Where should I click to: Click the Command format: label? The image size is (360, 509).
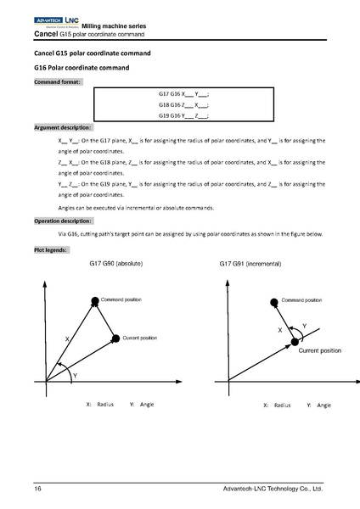click(58, 82)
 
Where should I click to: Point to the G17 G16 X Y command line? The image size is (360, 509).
click(183, 94)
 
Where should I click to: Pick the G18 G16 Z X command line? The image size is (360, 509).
click(183, 105)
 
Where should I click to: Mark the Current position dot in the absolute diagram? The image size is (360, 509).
click(116, 338)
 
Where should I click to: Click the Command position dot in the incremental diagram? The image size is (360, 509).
click(273, 301)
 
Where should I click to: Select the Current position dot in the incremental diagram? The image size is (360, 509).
click(295, 341)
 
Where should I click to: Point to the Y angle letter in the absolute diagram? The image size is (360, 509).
click(75, 375)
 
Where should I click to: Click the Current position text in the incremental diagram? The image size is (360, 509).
click(318, 350)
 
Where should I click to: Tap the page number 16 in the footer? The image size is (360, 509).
click(38, 489)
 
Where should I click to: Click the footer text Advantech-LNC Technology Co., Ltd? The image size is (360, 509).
click(272, 489)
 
